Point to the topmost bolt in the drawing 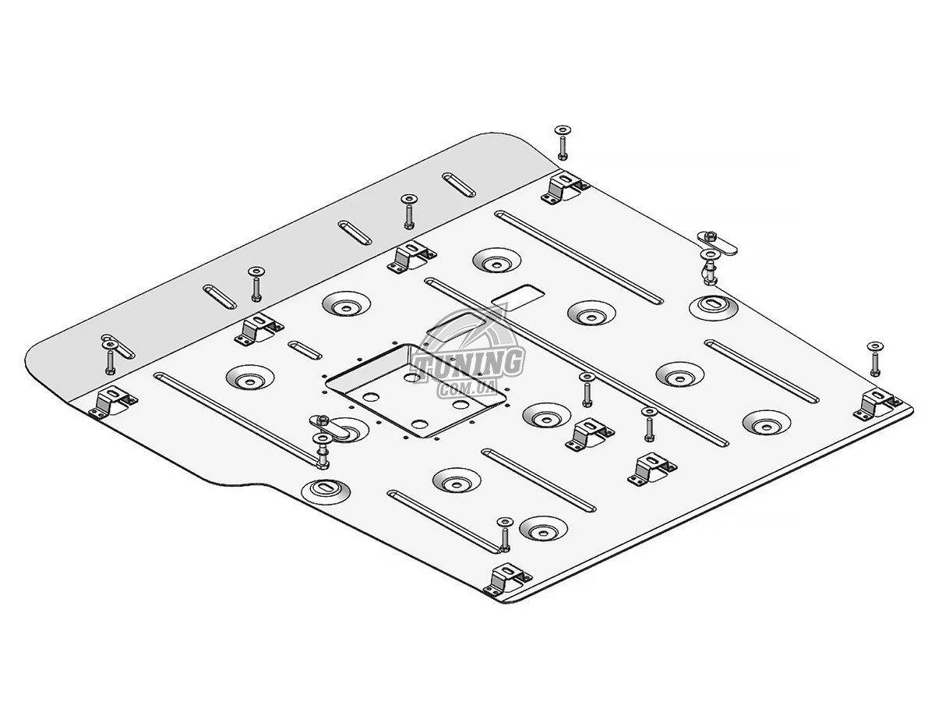point(562,141)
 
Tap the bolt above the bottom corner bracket point(503,534)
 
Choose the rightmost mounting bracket point(878,405)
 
